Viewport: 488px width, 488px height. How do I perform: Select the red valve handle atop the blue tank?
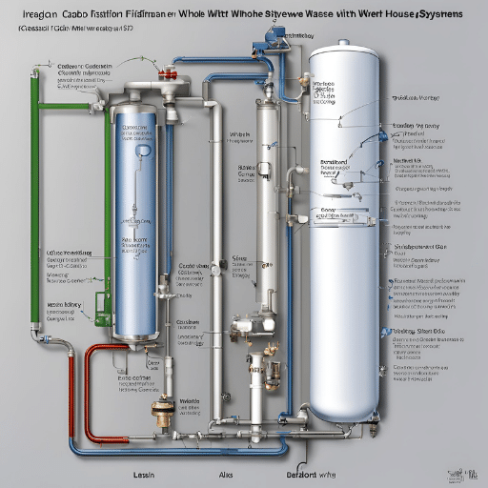pos(168,73)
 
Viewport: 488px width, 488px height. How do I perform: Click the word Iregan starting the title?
pos(28,17)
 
